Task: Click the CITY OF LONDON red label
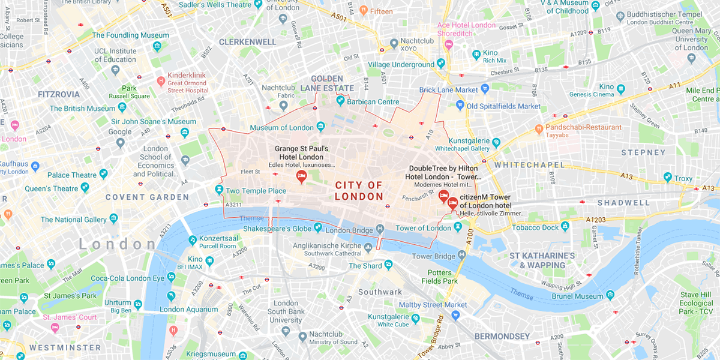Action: click(x=359, y=191)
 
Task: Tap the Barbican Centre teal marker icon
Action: click(x=340, y=101)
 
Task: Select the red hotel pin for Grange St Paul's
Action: click(x=301, y=176)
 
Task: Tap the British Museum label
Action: click(x=82, y=109)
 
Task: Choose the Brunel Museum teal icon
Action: click(x=610, y=295)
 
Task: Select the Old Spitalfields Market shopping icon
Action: click(x=460, y=106)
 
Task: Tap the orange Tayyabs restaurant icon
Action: click(x=539, y=128)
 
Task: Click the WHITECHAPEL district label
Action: click(x=529, y=164)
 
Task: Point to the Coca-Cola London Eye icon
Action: click(x=172, y=277)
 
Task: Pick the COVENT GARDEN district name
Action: click(x=147, y=197)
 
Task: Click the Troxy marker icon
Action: click(x=667, y=178)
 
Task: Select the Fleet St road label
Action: click(x=250, y=172)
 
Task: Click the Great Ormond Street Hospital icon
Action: click(x=160, y=80)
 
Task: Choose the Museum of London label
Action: click(x=281, y=128)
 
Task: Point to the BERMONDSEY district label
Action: click(x=502, y=336)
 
